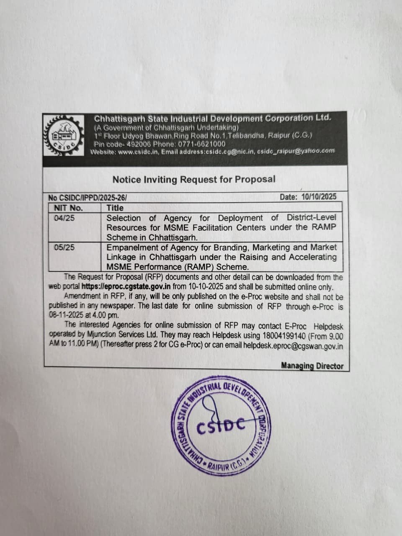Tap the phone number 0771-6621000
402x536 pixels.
tap(201, 144)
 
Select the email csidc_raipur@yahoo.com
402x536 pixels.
tap(296, 151)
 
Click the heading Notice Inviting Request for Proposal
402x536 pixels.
tap(194, 179)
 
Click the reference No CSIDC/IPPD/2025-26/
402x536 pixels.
tap(88, 198)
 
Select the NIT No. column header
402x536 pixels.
tap(68, 208)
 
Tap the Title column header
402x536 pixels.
tap(115, 208)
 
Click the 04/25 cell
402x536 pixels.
tap(64, 218)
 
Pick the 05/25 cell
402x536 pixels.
tap(64, 247)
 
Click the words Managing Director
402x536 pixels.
tap(312, 366)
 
